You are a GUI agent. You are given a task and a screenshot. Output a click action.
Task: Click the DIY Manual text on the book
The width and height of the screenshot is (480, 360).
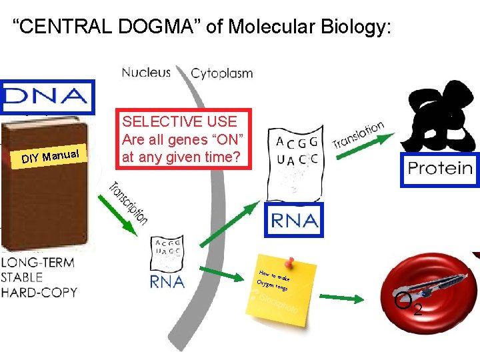click(x=51, y=157)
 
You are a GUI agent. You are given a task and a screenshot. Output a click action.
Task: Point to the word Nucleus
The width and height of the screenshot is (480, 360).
click(x=146, y=72)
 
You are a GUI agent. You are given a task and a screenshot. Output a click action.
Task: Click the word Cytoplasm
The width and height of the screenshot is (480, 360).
click(x=222, y=73)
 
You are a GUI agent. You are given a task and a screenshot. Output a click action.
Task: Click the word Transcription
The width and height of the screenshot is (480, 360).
click(x=129, y=203)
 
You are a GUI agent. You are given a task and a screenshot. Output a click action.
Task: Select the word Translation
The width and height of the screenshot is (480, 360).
click(x=358, y=135)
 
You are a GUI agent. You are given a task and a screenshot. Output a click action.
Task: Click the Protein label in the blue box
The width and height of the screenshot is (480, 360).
click(x=439, y=168)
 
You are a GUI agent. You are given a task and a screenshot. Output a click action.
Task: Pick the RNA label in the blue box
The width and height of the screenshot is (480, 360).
click(x=293, y=220)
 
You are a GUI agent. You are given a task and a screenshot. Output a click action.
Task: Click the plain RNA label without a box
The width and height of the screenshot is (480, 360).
click(x=167, y=281)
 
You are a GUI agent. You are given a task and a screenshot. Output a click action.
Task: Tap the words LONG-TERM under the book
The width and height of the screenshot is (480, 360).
click(x=37, y=263)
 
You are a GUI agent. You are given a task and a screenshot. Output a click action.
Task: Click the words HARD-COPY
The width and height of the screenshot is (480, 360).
click(x=39, y=292)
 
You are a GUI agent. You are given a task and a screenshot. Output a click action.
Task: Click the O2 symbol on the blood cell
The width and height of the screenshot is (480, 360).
click(x=408, y=304)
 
